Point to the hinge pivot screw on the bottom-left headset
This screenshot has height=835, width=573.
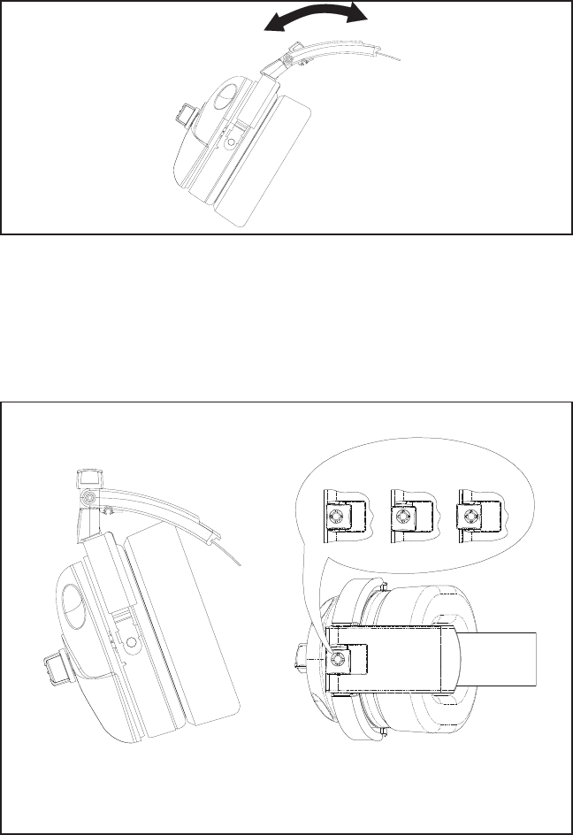click(x=85, y=500)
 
